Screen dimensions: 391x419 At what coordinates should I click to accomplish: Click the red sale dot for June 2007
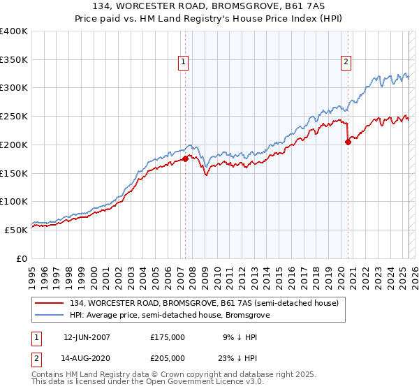pos(185,159)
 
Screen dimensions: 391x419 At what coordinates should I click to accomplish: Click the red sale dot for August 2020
pos(348,142)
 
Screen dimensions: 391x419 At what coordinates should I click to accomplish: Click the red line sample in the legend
pos(50,303)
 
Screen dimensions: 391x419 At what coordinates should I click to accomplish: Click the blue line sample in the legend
pos(50,316)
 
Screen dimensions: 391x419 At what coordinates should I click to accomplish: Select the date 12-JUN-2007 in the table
pos(87,337)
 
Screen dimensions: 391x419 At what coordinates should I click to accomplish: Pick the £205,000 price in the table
pos(168,358)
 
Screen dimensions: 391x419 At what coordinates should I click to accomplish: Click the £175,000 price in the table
pos(168,337)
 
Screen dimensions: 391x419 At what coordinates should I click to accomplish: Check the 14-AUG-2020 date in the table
pos(87,358)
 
